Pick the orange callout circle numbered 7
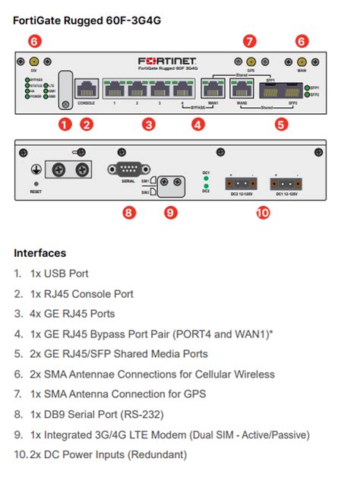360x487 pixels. pyautogui.click(x=250, y=41)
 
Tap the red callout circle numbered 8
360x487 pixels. pyautogui.click(x=129, y=213)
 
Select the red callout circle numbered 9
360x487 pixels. pyautogui.click(x=171, y=213)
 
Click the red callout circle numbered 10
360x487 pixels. pyautogui.click(x=263, y=213)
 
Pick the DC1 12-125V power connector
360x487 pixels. pyautogui.click(x=286, y=182)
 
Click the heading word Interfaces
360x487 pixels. pyautogui.click(x=39, y=252)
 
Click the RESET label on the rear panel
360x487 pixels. pyautogui.click(x=35, y=193)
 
